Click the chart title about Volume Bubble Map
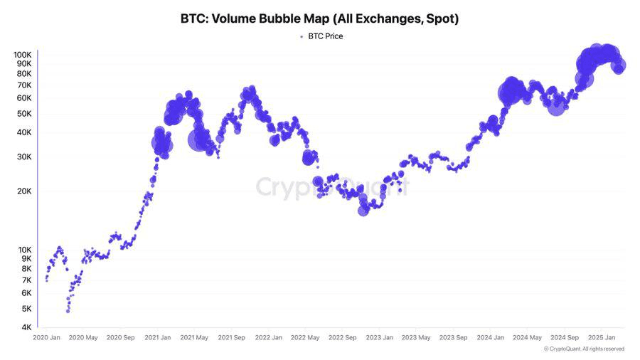(319, 19)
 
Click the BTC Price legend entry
(324, 36)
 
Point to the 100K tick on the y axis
(22, 55)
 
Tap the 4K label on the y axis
(26, 327)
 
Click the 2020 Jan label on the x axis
(47, 338)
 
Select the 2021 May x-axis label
(194, 338)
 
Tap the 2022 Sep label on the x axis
(341, 338)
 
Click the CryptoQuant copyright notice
(584, 349)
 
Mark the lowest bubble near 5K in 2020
(68, 310)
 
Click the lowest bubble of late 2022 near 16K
(363, 209)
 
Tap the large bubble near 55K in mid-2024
(556, 107)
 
